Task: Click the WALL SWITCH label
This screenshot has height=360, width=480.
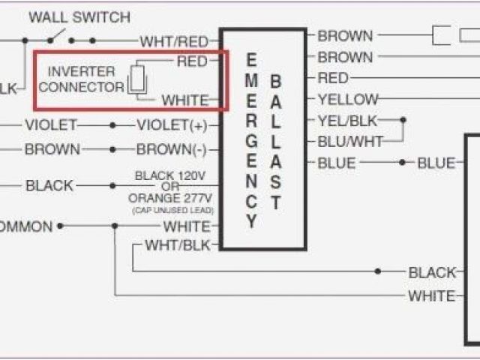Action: point(79,16)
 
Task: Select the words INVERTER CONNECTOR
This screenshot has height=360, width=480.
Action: point(82,79)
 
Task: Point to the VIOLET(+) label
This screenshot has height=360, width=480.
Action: point(172,125)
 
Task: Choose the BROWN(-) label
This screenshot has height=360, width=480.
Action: point(171,149)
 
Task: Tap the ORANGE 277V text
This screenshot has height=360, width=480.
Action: point(169,199)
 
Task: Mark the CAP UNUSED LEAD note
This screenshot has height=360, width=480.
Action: point(170,211)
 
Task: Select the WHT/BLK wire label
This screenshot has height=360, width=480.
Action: point(178,245)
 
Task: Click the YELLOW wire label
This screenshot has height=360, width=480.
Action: point(347,99)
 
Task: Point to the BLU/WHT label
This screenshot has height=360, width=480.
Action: point(349,141)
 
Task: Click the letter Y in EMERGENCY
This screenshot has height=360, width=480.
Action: point(252,222)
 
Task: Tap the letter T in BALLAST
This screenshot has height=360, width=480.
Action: point(276,202)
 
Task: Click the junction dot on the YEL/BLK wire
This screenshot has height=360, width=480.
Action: point(403,120)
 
